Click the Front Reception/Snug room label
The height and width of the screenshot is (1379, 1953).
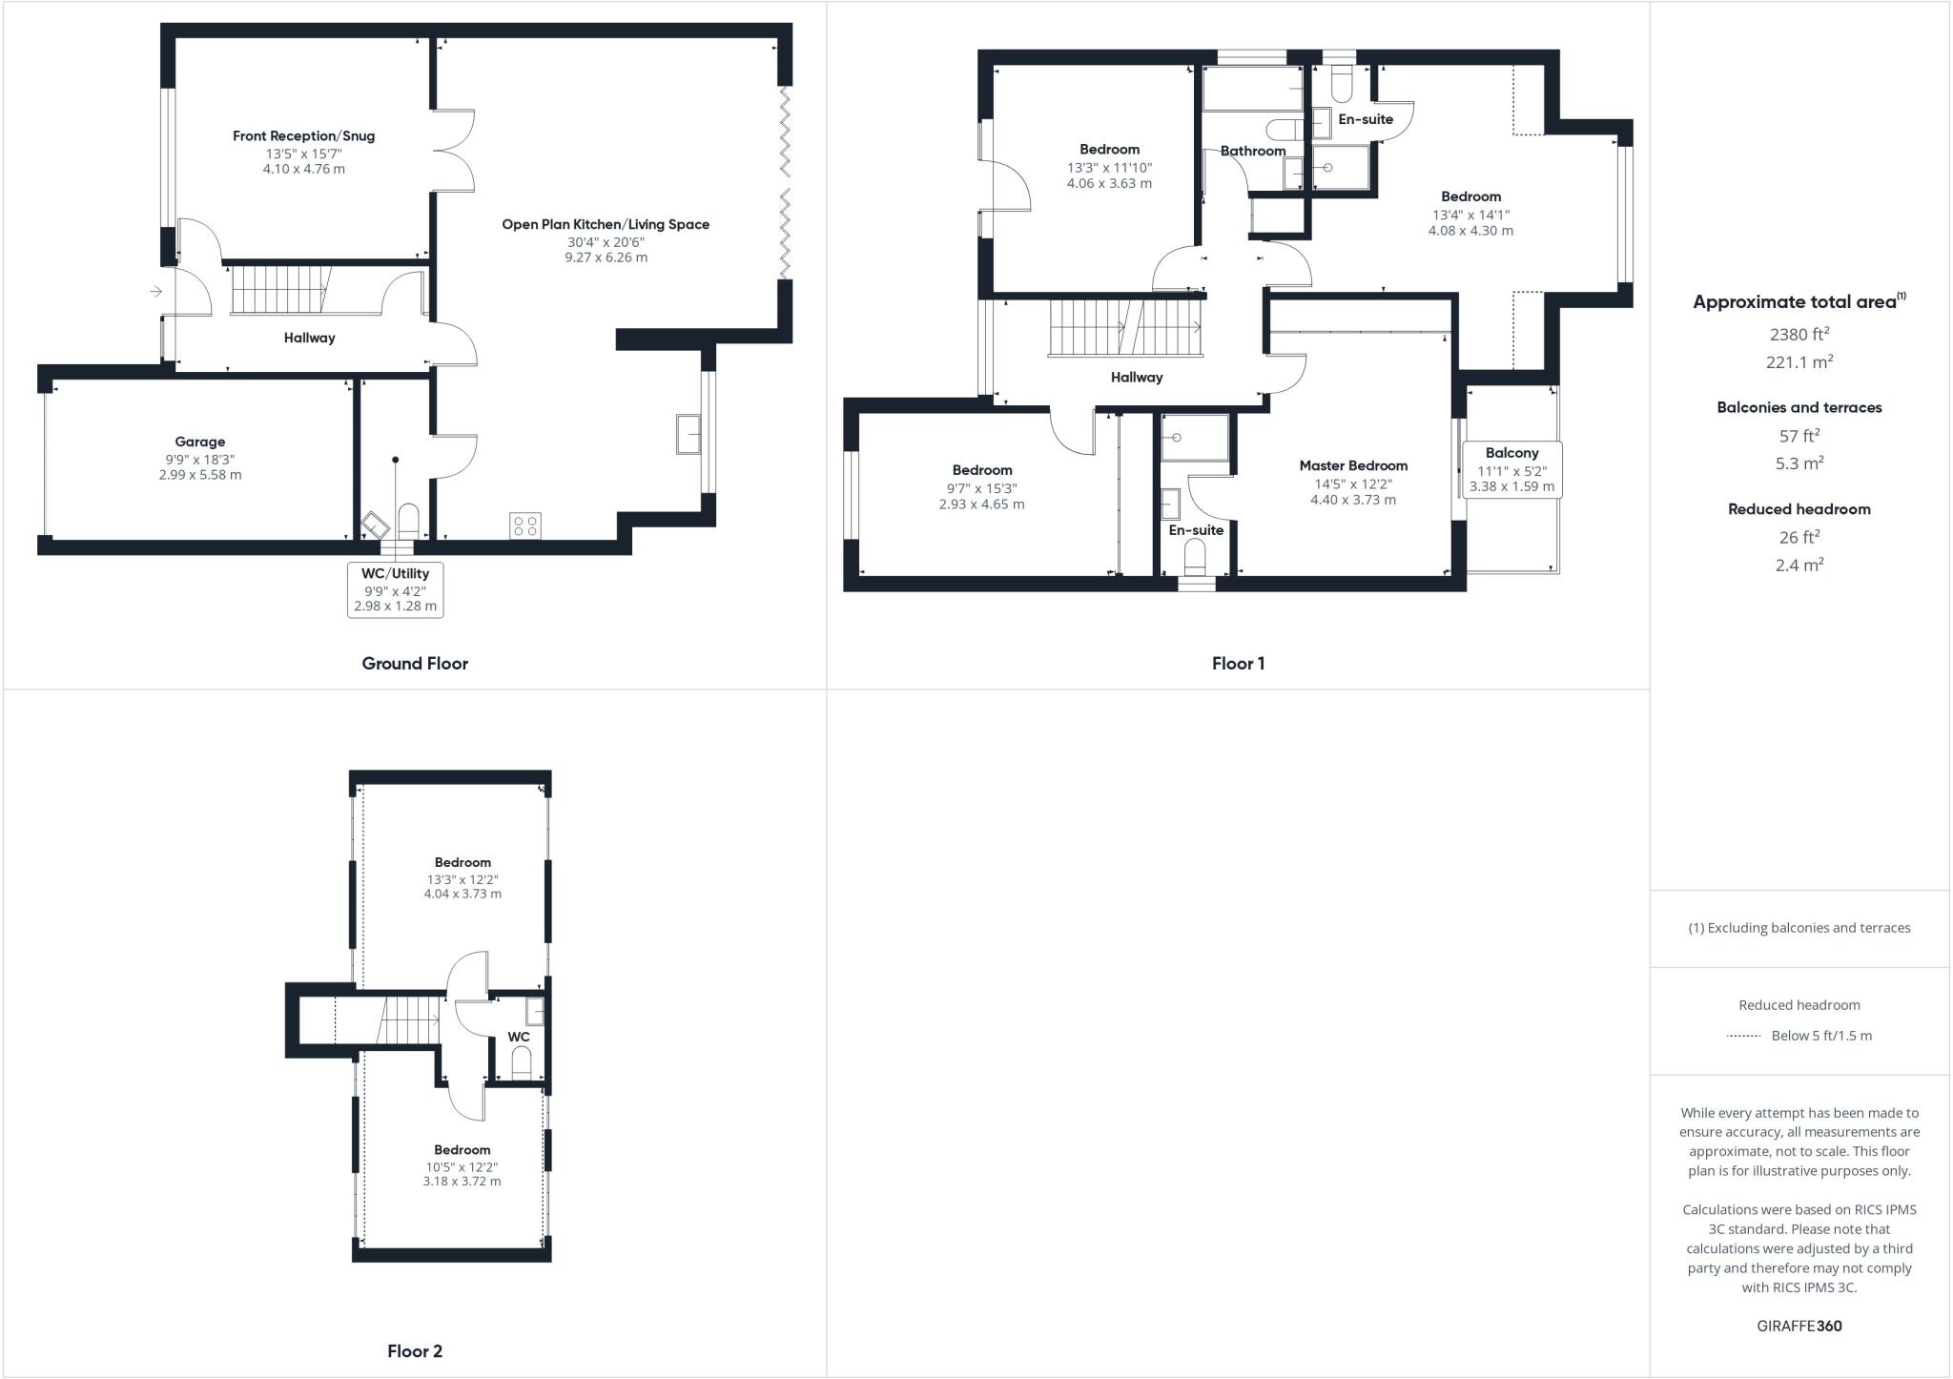click(x=303, y=136)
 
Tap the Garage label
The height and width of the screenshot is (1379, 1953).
click(x=199, y=442)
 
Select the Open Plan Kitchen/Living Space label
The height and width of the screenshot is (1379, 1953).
click(x=606, y=225)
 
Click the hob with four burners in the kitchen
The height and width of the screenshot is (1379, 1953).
click(x=525, y=525)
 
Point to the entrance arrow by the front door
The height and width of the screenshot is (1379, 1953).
click(x=155, y=291)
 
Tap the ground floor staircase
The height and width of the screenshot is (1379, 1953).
click(x=279, y=288)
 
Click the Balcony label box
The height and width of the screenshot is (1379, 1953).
click(x=1511, y=468)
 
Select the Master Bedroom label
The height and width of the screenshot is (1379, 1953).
click(x=1353, y=465)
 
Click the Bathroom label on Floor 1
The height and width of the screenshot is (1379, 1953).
click(x=1252, y=151)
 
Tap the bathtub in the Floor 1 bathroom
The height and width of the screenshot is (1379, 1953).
click(x=1252, y=89)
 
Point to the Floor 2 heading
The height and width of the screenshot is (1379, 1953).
click(x=415, y=1350)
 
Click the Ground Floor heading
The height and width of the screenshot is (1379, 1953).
click(x=415, y=664)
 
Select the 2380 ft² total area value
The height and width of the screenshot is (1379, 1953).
click(x=1799, y=334)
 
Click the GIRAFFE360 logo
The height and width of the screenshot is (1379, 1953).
click(x=1799, y=1326)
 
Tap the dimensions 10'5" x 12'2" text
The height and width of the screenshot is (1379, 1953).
click(x=462, y=1166)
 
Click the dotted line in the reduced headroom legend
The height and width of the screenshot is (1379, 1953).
click(x=1743, y=1036)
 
